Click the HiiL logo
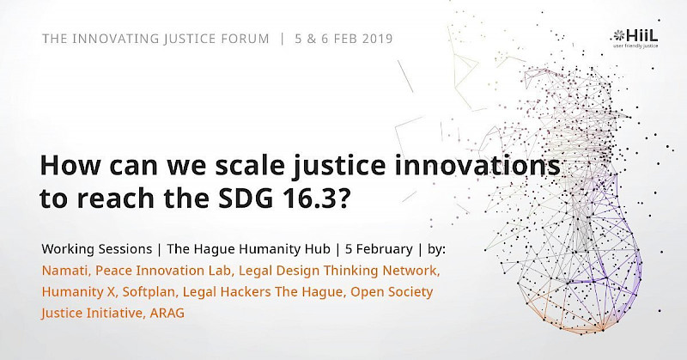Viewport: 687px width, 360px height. click(635, 38)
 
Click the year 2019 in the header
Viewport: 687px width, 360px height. click(377, 39)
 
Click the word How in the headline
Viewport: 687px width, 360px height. click(70, 165)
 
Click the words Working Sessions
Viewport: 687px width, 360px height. click(97, 249)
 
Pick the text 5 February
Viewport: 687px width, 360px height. click(379, 249)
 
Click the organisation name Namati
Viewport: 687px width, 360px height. click(65, 271)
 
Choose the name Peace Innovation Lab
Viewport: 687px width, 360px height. click(163, 271)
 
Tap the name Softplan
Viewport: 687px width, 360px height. click(149, 291)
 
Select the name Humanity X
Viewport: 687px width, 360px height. click(78, 291)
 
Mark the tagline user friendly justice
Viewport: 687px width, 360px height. click(635, 46)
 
